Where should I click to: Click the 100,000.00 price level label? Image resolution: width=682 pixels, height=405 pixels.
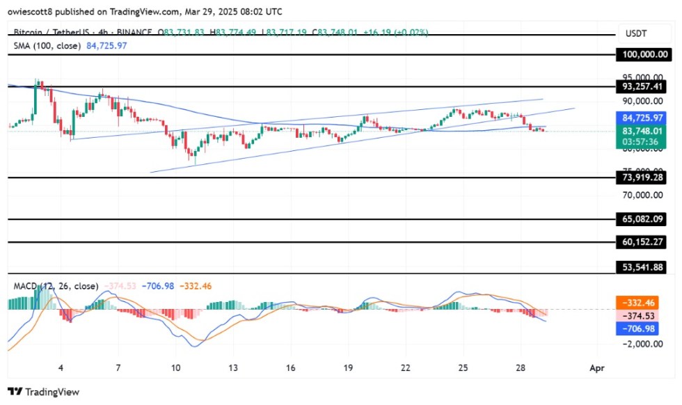coord(647,54)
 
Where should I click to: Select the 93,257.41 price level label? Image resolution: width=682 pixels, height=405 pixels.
coord(647,87)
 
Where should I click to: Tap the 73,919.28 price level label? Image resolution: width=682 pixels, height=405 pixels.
coord(647,178)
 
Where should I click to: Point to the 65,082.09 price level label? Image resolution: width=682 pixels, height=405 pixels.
coord(647,219)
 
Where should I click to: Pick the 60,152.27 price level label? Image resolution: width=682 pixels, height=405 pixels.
coord(647,242)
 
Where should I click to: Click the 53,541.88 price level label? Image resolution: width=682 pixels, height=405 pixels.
coord(647,267)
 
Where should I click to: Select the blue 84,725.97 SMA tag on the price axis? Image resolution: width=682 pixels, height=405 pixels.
coord(647,118)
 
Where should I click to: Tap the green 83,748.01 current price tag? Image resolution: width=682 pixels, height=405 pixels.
coord(647,129)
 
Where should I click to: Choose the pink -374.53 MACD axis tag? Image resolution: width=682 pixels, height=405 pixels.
coord(647,315)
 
